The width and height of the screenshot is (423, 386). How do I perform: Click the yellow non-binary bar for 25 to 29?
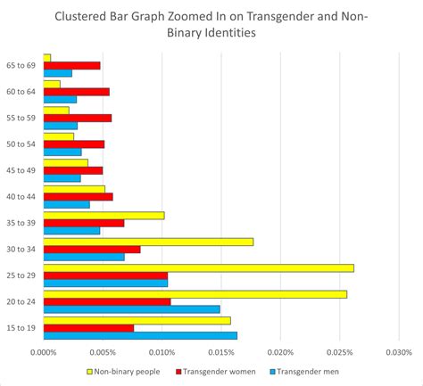(x=198, y=267)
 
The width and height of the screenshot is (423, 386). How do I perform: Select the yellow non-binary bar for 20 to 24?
(x=195, y=293)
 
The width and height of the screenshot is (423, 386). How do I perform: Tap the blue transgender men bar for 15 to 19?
(x=140, y=335)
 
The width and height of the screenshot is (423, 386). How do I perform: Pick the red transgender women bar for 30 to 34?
(x=92, y=249)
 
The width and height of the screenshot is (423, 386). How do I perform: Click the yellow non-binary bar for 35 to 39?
(x=104, y=215)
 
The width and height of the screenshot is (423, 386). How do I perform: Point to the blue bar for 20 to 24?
(x=131, y=309)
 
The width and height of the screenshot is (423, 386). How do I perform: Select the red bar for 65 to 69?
(x=71, y=65)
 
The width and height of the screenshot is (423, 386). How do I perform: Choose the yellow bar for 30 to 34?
(x=148, y=241)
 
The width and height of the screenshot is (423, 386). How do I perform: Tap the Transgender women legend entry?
(x=219, y=371)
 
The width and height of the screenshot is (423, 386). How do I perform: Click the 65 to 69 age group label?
(x=22, y=66)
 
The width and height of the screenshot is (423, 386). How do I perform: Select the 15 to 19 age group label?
(x=22, y=327)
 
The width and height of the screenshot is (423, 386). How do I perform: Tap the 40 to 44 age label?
(x=22, y=196)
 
